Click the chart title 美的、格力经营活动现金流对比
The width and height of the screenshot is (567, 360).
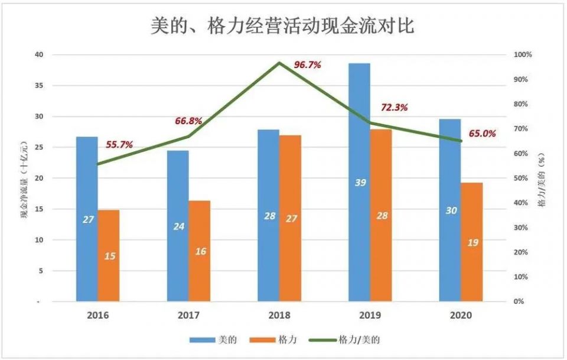pyautogui.click(x=283, y=26)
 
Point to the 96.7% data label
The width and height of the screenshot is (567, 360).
pyautogui.click(x=307, y=65)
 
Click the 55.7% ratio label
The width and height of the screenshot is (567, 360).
pyautogui.click(x=119, y=144)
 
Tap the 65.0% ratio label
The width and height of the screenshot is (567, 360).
pyautogui.click(x=483, y=134)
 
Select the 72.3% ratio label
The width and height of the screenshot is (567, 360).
pyautogui.click(x=394, y=108)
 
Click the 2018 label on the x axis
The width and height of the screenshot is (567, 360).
pyautogui.click(x=279, y=316)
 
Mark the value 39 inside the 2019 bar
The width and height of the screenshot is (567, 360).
pyautogui.click(x=359, y=183)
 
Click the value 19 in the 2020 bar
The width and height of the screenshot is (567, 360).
pyautogui.click(x=472, y=243)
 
